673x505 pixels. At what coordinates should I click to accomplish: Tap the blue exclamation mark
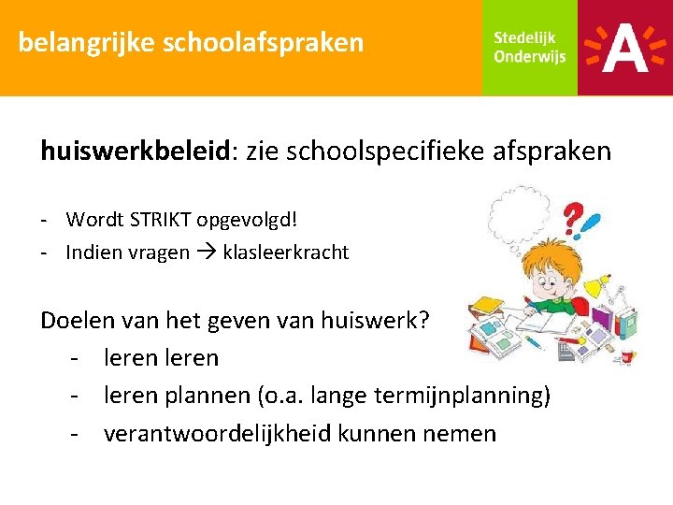(x=591, y=225)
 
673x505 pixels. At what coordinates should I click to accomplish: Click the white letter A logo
(x=624, y=48)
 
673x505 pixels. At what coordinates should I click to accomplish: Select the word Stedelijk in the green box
(x=524, y=37)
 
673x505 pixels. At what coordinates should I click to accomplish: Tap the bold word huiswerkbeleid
(x=136, y=151)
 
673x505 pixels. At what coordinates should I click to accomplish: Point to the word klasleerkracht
(x=285, y=252)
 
